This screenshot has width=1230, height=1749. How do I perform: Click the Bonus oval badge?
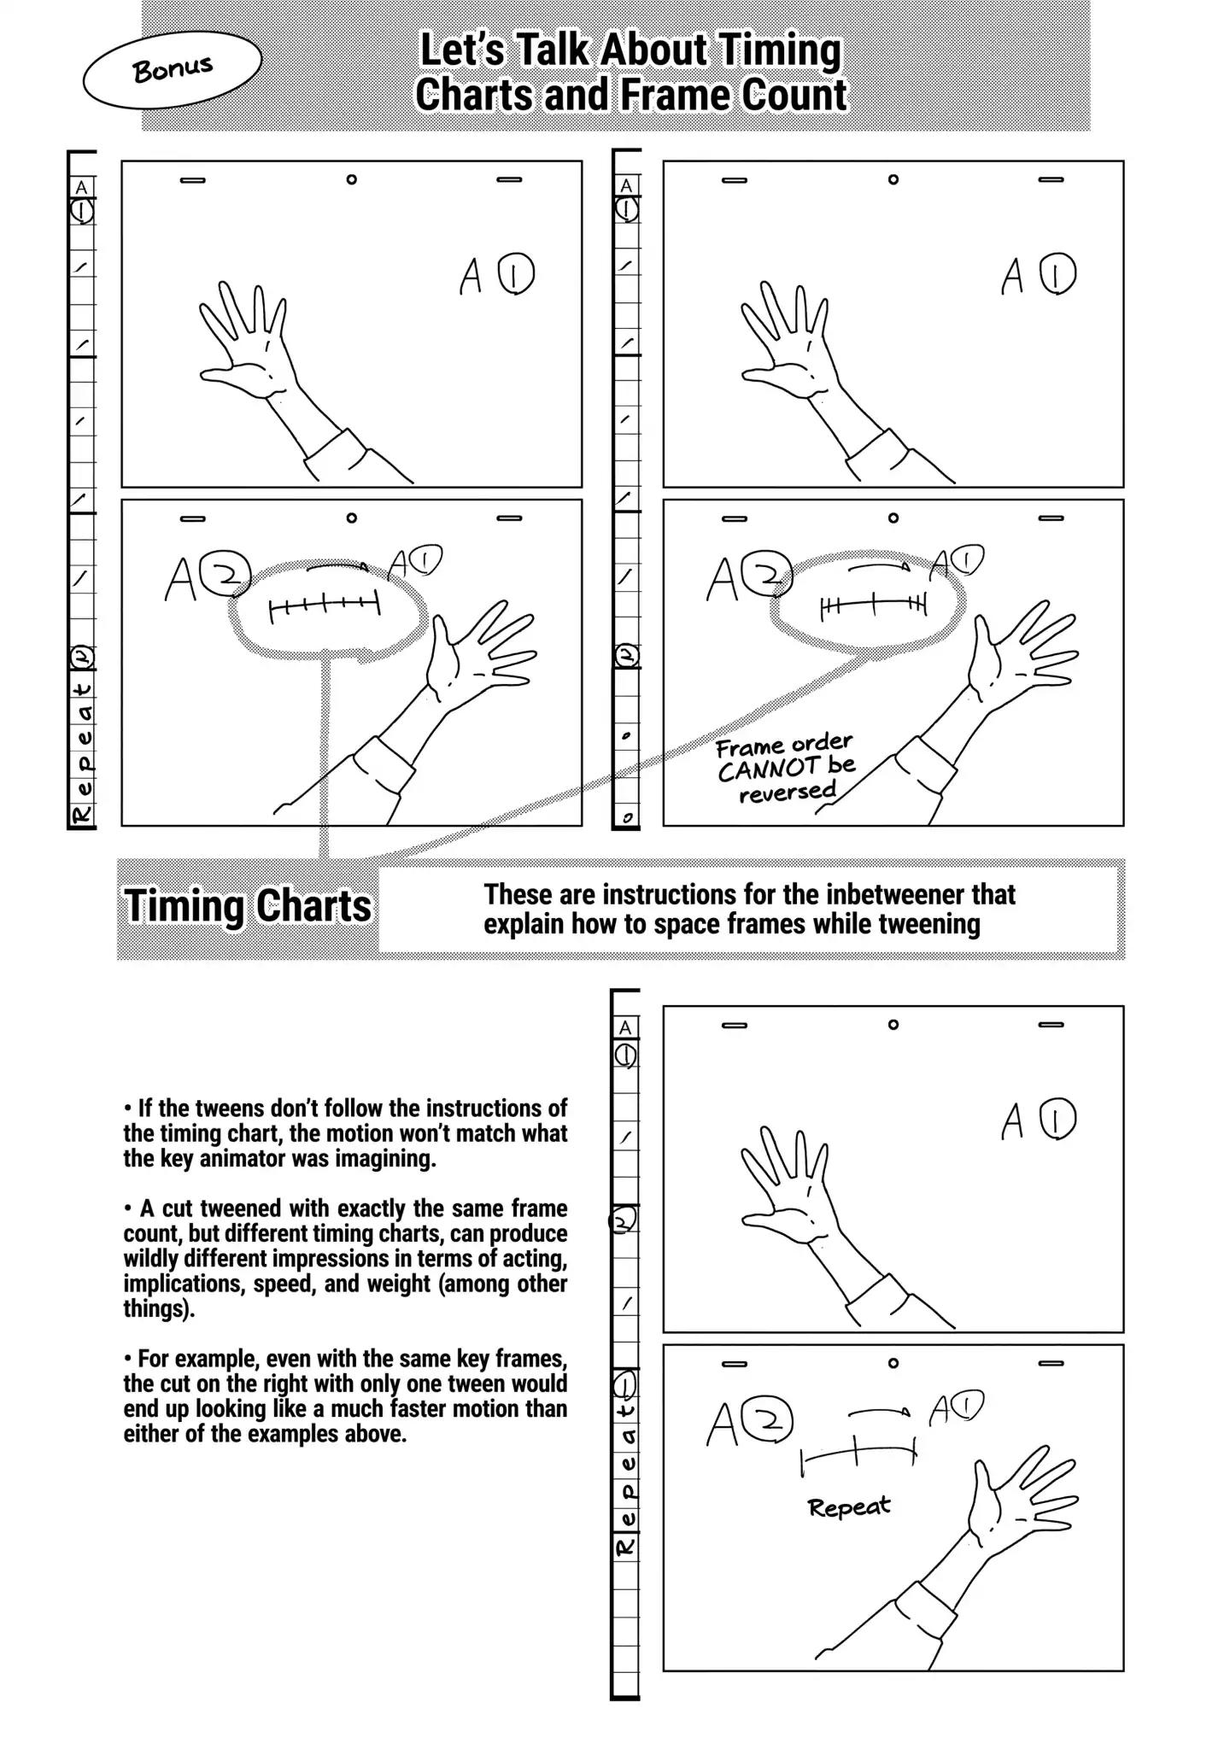[x=172, y=69]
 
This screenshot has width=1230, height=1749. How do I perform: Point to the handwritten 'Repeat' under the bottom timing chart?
[x=849, y=1507]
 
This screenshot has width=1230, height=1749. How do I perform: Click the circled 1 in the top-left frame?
[x=517, y=274]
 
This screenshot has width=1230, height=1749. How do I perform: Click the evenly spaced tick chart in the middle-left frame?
[x=324, y=606]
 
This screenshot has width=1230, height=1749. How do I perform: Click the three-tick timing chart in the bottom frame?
[x=858, y=1453]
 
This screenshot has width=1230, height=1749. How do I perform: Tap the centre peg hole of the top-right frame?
[x=893, y=179]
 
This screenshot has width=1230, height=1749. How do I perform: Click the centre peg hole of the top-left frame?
[x=351, y=179]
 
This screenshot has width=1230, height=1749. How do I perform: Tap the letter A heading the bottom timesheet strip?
[x=625, y=1027]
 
